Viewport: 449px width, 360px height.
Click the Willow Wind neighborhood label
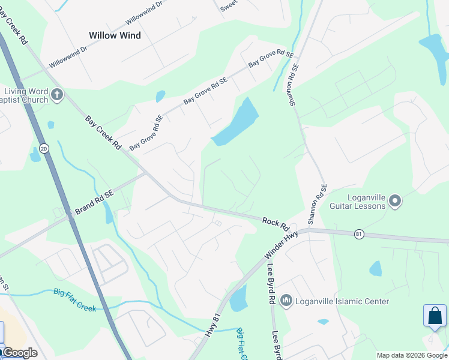tap(115, 35)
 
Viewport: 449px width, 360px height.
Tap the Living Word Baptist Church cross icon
tap(57, 94)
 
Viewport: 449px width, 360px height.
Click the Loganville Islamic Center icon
tap(286, 300)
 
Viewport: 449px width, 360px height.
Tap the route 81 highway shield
tap(359, 234)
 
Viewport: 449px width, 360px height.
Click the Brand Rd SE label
tap(94, 203)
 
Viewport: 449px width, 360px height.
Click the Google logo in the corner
tap(19, 353)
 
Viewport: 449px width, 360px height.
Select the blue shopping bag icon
tap(435, 316)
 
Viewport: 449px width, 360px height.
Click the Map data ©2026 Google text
tap(412, 355)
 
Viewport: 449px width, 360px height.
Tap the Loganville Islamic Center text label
tap(342, 301)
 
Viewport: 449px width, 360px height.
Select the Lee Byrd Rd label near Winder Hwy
tap(271, 275)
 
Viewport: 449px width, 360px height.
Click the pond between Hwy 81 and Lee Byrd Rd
tap(238, 298)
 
